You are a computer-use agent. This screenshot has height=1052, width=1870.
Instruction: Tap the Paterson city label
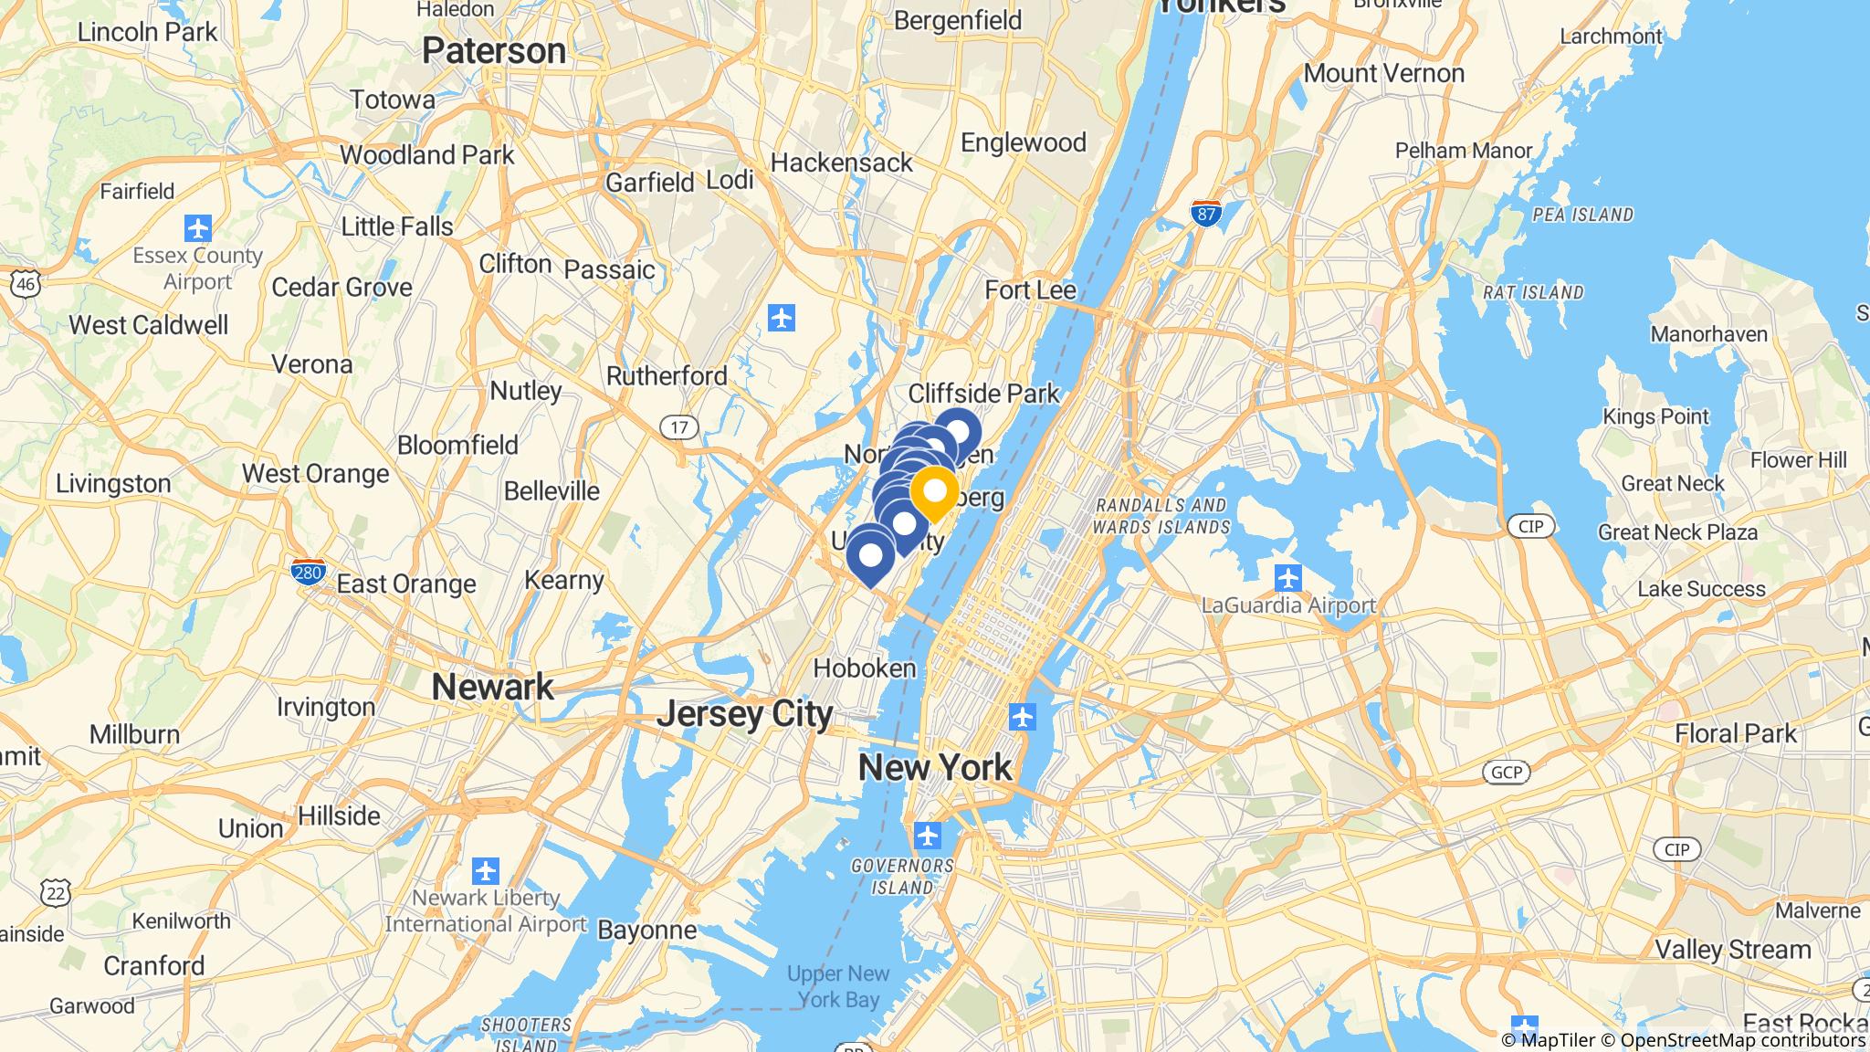[494, 51]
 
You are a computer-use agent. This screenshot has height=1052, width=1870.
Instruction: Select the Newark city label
[492, 686]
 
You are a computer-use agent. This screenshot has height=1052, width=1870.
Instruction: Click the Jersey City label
[744, 713]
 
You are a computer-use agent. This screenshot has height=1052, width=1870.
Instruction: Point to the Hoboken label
[864, 668]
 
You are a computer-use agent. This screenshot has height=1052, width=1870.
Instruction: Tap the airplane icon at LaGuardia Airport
[1287, 577]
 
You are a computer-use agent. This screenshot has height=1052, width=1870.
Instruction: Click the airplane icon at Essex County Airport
[197, 227]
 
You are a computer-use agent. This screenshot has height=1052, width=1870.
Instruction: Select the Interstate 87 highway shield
[1206, 214]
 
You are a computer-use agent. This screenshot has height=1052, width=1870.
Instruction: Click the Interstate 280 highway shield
[308, 572]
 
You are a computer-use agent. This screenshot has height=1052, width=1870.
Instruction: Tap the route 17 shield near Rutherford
[678, 426]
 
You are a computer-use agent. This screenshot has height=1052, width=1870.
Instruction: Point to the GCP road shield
[1506, 773]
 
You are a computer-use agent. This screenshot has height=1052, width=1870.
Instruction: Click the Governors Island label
[902, 876]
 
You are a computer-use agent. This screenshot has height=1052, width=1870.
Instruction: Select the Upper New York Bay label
[837, 986]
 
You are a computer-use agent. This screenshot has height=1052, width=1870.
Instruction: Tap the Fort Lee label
[1030, 290]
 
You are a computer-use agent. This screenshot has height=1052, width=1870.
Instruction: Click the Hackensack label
[841, 163]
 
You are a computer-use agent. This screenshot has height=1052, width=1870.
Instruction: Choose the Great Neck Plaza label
[1677, 532]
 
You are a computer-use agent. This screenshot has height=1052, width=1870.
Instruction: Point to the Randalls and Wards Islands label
[1161, 516]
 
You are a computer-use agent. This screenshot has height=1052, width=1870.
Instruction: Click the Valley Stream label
[1733, 950]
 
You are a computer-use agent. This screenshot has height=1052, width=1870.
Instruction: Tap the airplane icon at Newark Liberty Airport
[486, 870]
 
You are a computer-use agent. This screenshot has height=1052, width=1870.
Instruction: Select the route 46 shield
[26, 284]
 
